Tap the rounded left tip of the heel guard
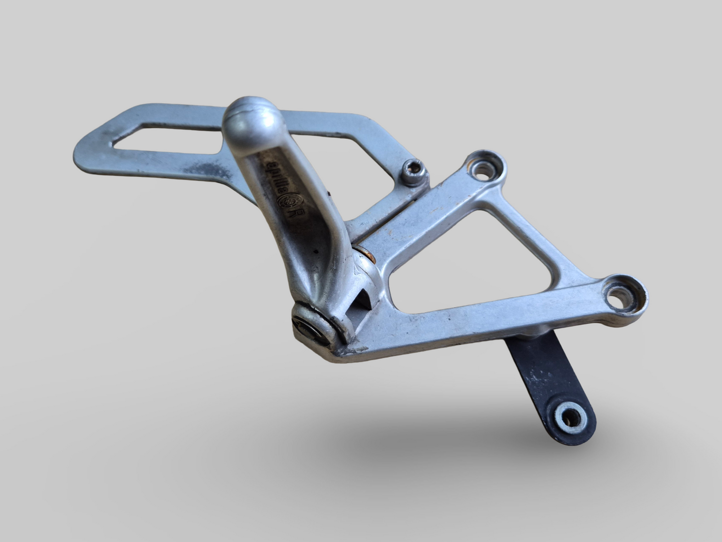(x=82, y=150)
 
